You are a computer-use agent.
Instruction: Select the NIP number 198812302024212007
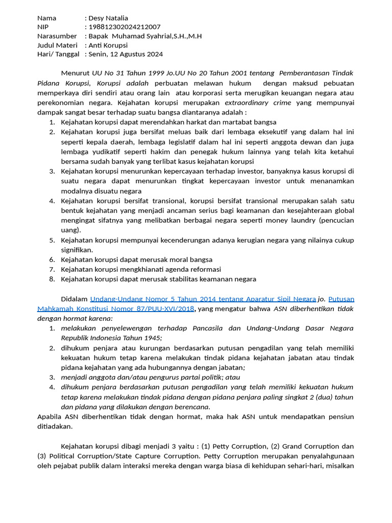125,27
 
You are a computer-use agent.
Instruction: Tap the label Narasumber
57,36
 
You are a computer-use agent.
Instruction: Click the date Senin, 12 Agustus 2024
126,54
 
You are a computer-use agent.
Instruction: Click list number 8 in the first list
52,279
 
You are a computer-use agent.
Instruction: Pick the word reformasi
203,269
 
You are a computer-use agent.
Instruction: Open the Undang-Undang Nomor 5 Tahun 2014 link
203,299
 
